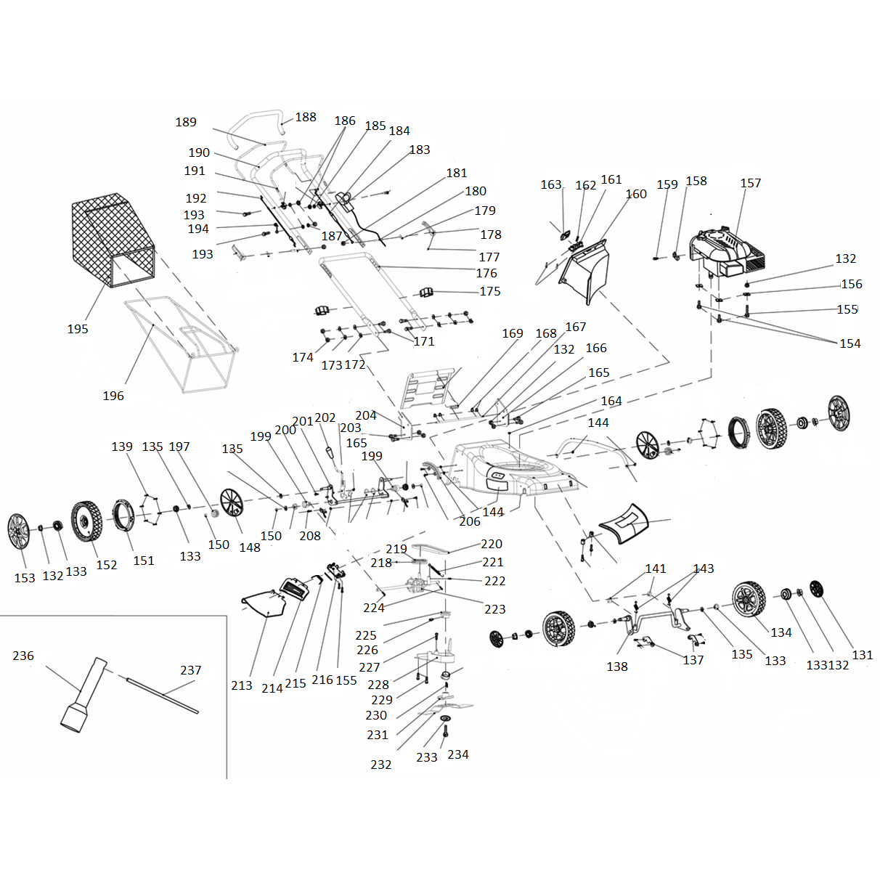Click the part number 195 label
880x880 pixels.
point(78,329)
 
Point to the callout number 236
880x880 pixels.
point(23,656)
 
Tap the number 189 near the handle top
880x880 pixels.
point(186,122)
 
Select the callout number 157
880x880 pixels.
point(751,183)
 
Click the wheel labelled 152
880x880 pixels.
point(86,521)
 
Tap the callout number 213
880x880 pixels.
point(242,685)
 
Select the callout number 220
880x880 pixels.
point(492,544)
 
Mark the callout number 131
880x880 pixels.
point(863,655)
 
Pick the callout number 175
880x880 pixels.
point(490,291)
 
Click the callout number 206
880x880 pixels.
point(470,521)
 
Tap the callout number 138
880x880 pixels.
point(617,667)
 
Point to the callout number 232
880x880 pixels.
point(381,765)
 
